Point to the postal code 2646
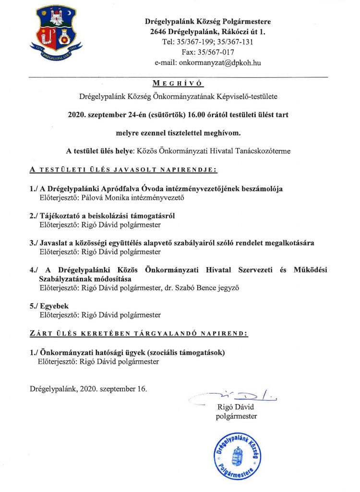[x=158, y=32]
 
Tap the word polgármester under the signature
[x=237, y=416]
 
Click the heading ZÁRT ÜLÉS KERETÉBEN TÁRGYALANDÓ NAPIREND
[x=139, y=333]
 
